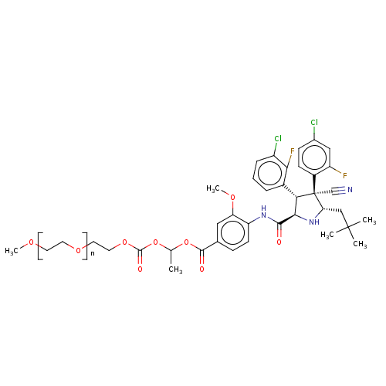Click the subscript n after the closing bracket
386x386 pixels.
[93, 254]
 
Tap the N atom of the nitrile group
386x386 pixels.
[350, 190]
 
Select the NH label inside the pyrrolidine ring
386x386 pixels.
[314, 222]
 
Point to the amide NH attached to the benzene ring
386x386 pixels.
[263, 212]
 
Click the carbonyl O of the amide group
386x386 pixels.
[279, 242]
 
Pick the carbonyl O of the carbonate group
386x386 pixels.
[140, 269]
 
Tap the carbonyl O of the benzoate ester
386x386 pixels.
[201, 269]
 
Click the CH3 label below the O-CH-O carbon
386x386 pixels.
[175, 269]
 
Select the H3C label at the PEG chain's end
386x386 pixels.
[12, 251]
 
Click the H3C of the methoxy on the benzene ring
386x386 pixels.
[213, 189]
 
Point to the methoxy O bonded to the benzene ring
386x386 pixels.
[232, 198]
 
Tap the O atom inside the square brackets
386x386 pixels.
[78, 250]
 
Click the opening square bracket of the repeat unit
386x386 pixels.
[40, 246]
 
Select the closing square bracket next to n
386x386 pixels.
[85, 246]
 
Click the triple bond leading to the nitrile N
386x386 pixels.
[338, 191]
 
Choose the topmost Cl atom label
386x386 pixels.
[314, 122]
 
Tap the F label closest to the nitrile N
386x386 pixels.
[345, 176]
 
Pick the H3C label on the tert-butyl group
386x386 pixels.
[327, 235]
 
